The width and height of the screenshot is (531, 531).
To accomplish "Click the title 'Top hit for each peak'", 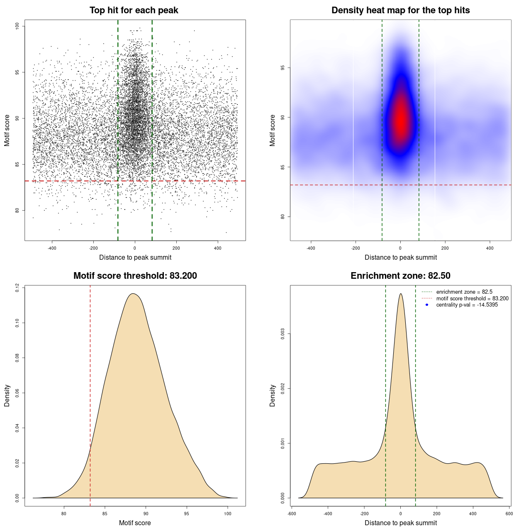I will coord(134,10).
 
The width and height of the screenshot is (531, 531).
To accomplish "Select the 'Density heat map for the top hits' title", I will coord(400,10).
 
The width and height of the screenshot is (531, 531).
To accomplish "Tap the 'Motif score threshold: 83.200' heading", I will coord(135,276).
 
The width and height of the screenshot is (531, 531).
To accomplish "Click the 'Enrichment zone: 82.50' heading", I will coord(400,276).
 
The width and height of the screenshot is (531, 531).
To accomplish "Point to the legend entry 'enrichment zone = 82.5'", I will coord(464,292).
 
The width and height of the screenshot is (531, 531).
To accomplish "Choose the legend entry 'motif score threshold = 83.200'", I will coord(472,298).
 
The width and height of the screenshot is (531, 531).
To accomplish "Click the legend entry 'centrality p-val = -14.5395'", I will coord(467,305).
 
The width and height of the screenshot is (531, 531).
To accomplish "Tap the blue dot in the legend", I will coord(427,305).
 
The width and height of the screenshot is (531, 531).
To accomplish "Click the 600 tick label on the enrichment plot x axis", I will coord(509,514).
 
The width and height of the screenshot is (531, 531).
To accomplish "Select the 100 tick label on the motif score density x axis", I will coord(227,514).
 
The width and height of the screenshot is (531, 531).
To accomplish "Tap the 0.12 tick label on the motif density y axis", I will coord(17,288).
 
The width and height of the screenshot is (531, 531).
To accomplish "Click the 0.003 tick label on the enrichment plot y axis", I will coord(283,334).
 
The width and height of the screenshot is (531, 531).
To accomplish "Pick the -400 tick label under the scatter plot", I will coord(52,248).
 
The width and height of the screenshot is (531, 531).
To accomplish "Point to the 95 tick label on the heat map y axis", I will coord(283,68).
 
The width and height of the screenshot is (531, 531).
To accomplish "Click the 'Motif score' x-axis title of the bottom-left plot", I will coord(135,523).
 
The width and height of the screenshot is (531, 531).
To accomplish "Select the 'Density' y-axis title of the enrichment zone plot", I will coord(273,395).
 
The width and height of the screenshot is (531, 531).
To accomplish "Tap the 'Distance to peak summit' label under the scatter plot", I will coord(135,257).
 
